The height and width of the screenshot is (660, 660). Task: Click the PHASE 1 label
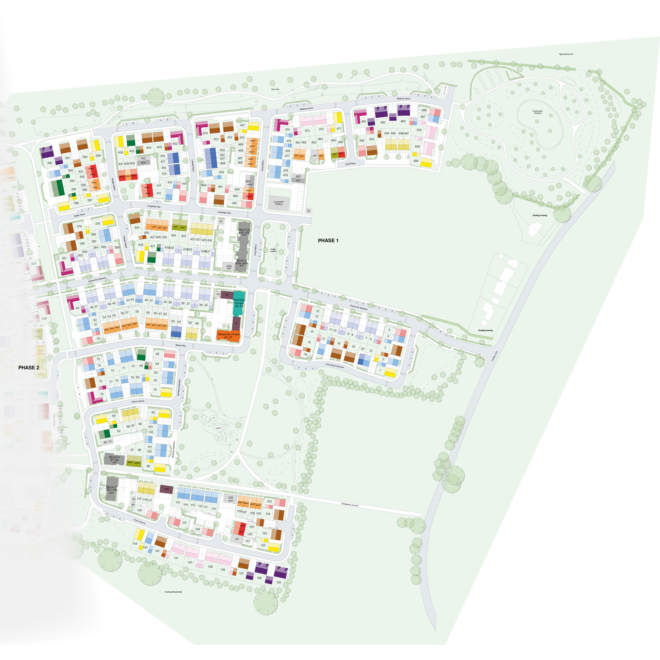(x=328, y=241)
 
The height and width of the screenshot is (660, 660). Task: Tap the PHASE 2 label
(x=29, y=367)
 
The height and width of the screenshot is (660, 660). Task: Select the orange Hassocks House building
(x=228, y=336)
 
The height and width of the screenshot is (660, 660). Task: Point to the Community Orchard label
(x=537, y=112)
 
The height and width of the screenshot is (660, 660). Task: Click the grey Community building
(x=278, y=203)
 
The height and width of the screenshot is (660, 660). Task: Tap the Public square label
(x=273, y=250)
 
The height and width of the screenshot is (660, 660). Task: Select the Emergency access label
(x=350, y=504)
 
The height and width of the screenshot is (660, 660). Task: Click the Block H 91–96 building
(x=114, y=459)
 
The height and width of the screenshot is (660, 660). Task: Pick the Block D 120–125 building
(x=111, y=489)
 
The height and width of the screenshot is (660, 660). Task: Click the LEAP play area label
(x=218, y=428)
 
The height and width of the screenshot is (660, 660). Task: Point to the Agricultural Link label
(x=566, y=54)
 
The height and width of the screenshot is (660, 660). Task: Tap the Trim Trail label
(x=275, y=89)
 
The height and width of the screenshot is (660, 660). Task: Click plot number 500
(x=419, y=130)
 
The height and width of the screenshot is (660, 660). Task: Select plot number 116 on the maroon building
(x=166, y=489)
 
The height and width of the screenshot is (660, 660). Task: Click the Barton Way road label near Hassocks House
(x=181, y=345)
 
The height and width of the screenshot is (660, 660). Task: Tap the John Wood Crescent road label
(x=335, y=365)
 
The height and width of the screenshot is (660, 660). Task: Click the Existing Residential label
(x=173, y=592)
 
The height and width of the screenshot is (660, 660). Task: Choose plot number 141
(x=176, y=558)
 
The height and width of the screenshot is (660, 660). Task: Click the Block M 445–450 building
(x=244, y=231)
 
